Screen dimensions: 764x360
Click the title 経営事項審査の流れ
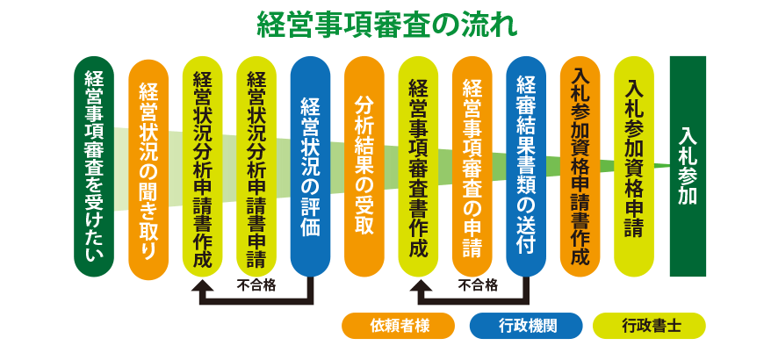(386, 25)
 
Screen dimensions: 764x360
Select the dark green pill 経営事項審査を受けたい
(94, 167)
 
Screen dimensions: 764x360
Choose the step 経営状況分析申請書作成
(203, 167)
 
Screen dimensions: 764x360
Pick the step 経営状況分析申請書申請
(256, 167)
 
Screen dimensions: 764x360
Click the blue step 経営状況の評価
(310, 167)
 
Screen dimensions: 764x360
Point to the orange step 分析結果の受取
(364, 167)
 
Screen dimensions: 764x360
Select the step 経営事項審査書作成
(418, 167)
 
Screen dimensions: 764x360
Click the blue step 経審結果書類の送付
(526, 167)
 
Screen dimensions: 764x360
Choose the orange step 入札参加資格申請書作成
(580, 167)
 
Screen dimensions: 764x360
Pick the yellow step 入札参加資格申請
(633, 167)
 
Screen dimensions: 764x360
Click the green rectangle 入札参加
(688, 167)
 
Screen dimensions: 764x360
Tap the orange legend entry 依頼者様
(398, 326)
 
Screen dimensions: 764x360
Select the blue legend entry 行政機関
(526, 326)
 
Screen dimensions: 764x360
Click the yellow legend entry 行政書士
(650, 326)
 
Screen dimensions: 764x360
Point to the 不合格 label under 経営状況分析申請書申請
(256, 285)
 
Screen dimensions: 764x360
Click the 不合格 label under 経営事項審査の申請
(478, 285)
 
